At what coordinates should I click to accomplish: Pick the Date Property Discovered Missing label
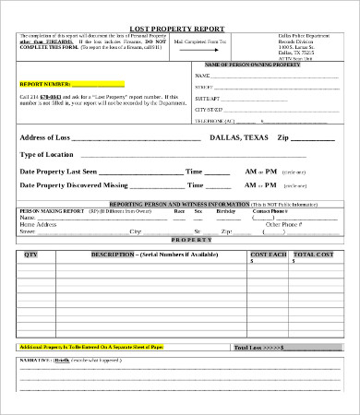tap(74, 185)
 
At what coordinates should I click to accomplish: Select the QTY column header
tap(31, 254)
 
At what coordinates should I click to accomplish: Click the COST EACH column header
tap(268, 254)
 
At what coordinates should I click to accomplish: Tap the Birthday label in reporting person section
tap(225, 211)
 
